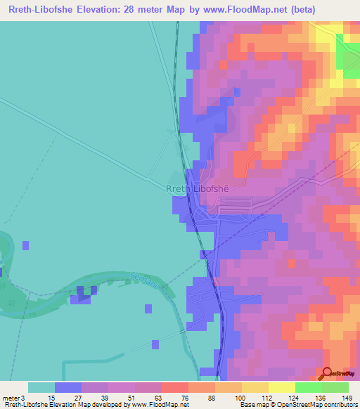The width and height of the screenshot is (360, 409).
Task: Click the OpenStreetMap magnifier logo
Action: point(326,373)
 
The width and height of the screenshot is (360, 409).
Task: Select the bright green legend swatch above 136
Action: point(308,387)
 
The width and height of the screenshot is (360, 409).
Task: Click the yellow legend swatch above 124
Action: point(281,387)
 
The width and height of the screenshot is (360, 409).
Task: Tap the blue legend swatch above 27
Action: point(68,387)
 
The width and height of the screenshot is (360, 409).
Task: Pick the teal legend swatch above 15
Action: point(41,387)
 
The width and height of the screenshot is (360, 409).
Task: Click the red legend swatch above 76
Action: point(174,387)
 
